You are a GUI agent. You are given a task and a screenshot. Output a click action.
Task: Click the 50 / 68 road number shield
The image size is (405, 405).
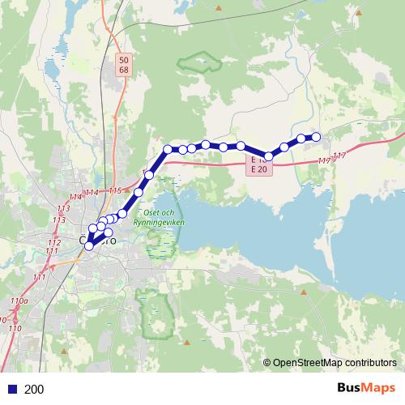coord(123,65)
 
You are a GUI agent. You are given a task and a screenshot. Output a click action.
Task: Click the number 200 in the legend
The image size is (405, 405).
coord(34,390)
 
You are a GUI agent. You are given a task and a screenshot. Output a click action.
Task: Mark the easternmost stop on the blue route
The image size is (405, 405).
coord(317,137)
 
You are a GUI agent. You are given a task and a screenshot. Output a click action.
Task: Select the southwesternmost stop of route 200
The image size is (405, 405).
coord(89,245)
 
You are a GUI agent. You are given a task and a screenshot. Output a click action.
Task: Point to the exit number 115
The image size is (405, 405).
coord(114,191)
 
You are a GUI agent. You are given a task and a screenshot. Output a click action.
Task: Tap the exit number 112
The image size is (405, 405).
coord(54,242)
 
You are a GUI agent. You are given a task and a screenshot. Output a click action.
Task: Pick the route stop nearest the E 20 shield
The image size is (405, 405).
coord(268,156)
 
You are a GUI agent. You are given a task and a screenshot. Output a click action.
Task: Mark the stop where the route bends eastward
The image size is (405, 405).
coord(168,148)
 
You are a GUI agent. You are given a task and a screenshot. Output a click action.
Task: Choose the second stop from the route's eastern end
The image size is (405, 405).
coord(301,139)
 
